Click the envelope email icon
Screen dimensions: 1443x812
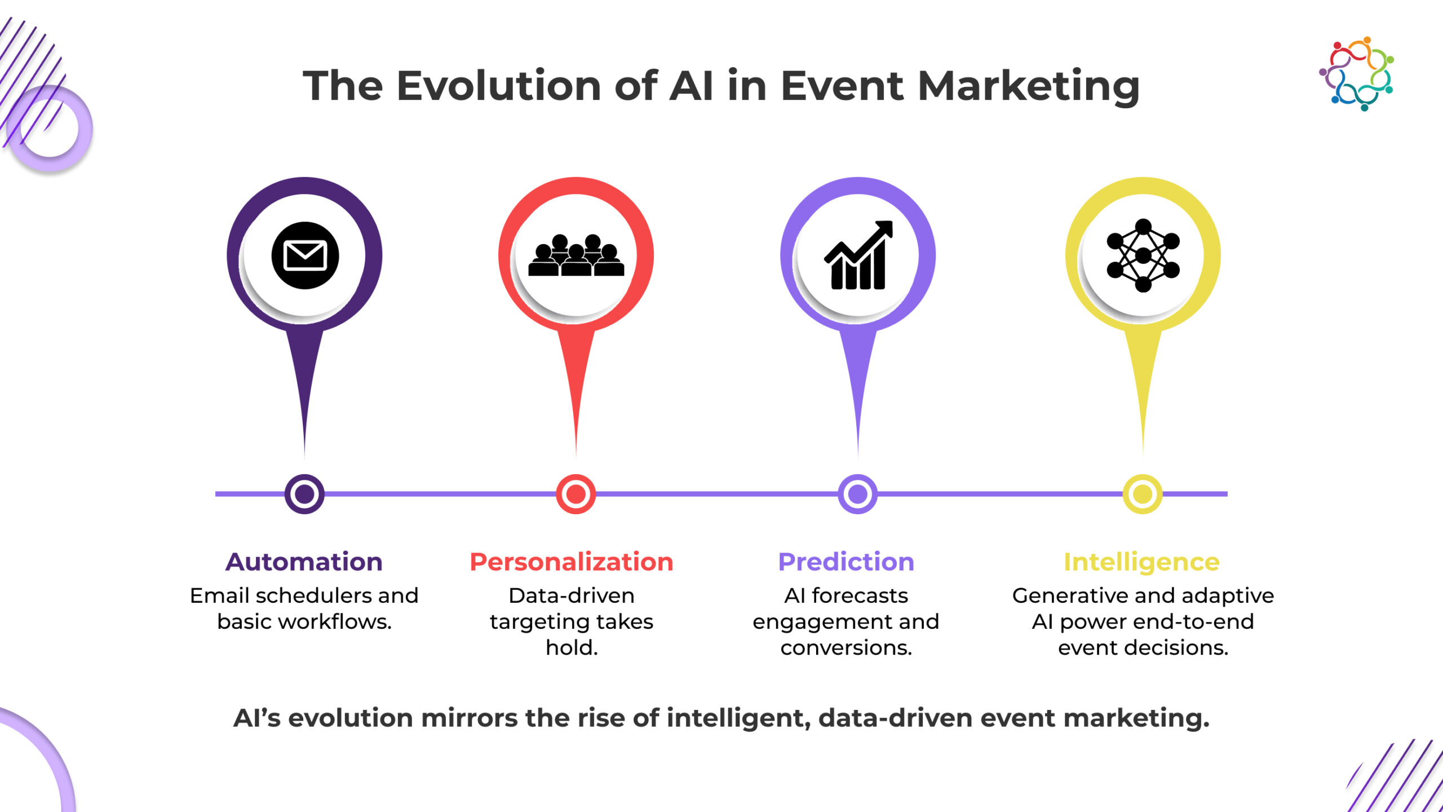[305, 255]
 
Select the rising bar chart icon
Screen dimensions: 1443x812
[858, 255]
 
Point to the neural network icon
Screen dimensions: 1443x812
[1143, 255]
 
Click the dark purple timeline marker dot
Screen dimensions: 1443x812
[304, 494]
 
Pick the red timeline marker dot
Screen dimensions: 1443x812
[576, 494]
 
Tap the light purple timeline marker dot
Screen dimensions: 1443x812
[857, 494]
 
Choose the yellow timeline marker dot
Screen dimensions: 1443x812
[1143, 494]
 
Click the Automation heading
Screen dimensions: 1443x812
[304, 562]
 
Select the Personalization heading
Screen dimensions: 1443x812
[572, 562]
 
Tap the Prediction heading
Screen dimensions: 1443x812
[846, 562]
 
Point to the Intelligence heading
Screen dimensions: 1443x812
[1142, 563]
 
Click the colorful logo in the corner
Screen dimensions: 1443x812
[1357, 74]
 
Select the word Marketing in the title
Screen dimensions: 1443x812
[1029, 87]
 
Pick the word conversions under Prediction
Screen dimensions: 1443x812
[846, 648]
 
